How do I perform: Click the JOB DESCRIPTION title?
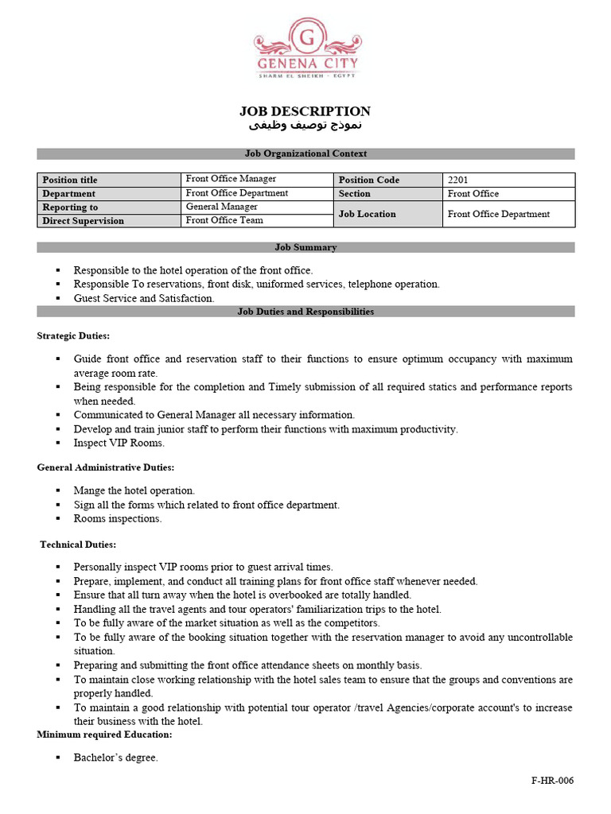click(305, 111)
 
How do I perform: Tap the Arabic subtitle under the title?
click(305, 126)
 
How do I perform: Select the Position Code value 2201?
click(458, 180)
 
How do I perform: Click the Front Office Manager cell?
click(231, 179)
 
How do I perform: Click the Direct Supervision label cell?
click(83, 221)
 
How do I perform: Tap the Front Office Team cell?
click(224, 220)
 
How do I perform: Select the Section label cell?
click(355, 193)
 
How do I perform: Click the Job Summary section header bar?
click(305, 247)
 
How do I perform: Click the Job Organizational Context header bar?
click(305, 153)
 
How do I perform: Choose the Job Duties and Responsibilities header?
click(305, 312)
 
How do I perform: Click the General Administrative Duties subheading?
click(105, 467)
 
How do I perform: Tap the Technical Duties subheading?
click(78, 545)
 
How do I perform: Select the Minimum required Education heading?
click(104, 735)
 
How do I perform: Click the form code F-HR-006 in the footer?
click(552, 781)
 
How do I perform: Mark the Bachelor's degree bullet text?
click(115, 758)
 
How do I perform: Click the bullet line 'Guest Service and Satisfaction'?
click(144, 298)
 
